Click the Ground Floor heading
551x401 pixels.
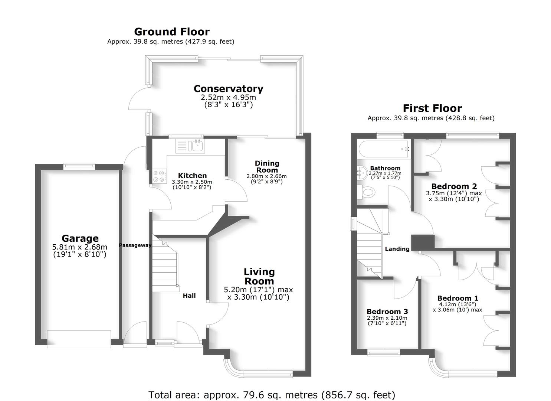tap(171, 32)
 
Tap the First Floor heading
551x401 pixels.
tap(432, 108)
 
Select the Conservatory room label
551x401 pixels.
tap(228, 89)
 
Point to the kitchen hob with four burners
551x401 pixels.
tap(160, 176)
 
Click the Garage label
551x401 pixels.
tap(80, 238)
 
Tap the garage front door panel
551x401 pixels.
tap(79, 339)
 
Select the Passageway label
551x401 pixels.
tap(135, 245)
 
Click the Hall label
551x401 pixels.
tap(189, 296)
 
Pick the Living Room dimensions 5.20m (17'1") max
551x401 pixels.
tap(258, 290)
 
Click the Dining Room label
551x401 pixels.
tap(267, 166)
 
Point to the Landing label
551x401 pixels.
tap(397, 249)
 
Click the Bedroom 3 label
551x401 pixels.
tap(387, 312)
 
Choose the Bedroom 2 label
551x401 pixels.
tap(454, 186)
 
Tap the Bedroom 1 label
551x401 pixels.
tap(457, 298)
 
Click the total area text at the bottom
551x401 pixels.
tap(272, 395)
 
